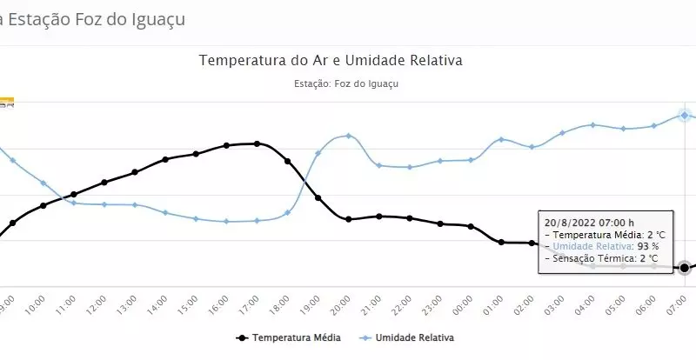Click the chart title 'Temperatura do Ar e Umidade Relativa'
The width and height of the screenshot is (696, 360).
pyautogui.click(x=331, y=61)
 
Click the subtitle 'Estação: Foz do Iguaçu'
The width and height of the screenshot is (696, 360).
pyautogui.click(x=347, y=84)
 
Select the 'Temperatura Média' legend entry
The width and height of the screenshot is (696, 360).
pyautogui.click(x=295, y=337)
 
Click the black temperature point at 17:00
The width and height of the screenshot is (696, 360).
pyautogui.click(x=257, y=143)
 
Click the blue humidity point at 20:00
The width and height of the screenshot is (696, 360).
pyautogui.click(x=348, y=136)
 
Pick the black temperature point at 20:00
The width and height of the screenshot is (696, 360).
pyautogui.click(x=348, y=219)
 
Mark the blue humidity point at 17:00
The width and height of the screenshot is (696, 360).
pyautogui.click(x=257, y=221)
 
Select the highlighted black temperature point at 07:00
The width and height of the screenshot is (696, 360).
pyautogui.click(x=685, y=268)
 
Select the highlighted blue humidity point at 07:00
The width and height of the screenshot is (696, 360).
pyautogui.click(x=685, y=115)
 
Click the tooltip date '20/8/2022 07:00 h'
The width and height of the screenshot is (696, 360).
pyautogui.click(x=590, y=222)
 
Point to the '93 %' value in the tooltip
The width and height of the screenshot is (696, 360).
pyautogui.click(x=648, y=246)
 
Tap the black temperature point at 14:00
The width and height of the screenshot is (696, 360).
pyautogui.click(x=165, y=159)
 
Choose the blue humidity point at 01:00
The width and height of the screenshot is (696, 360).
pyautogui.click(x=501, y=139)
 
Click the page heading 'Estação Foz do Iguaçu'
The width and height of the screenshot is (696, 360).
pyautogui.click(x=97, y=17)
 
